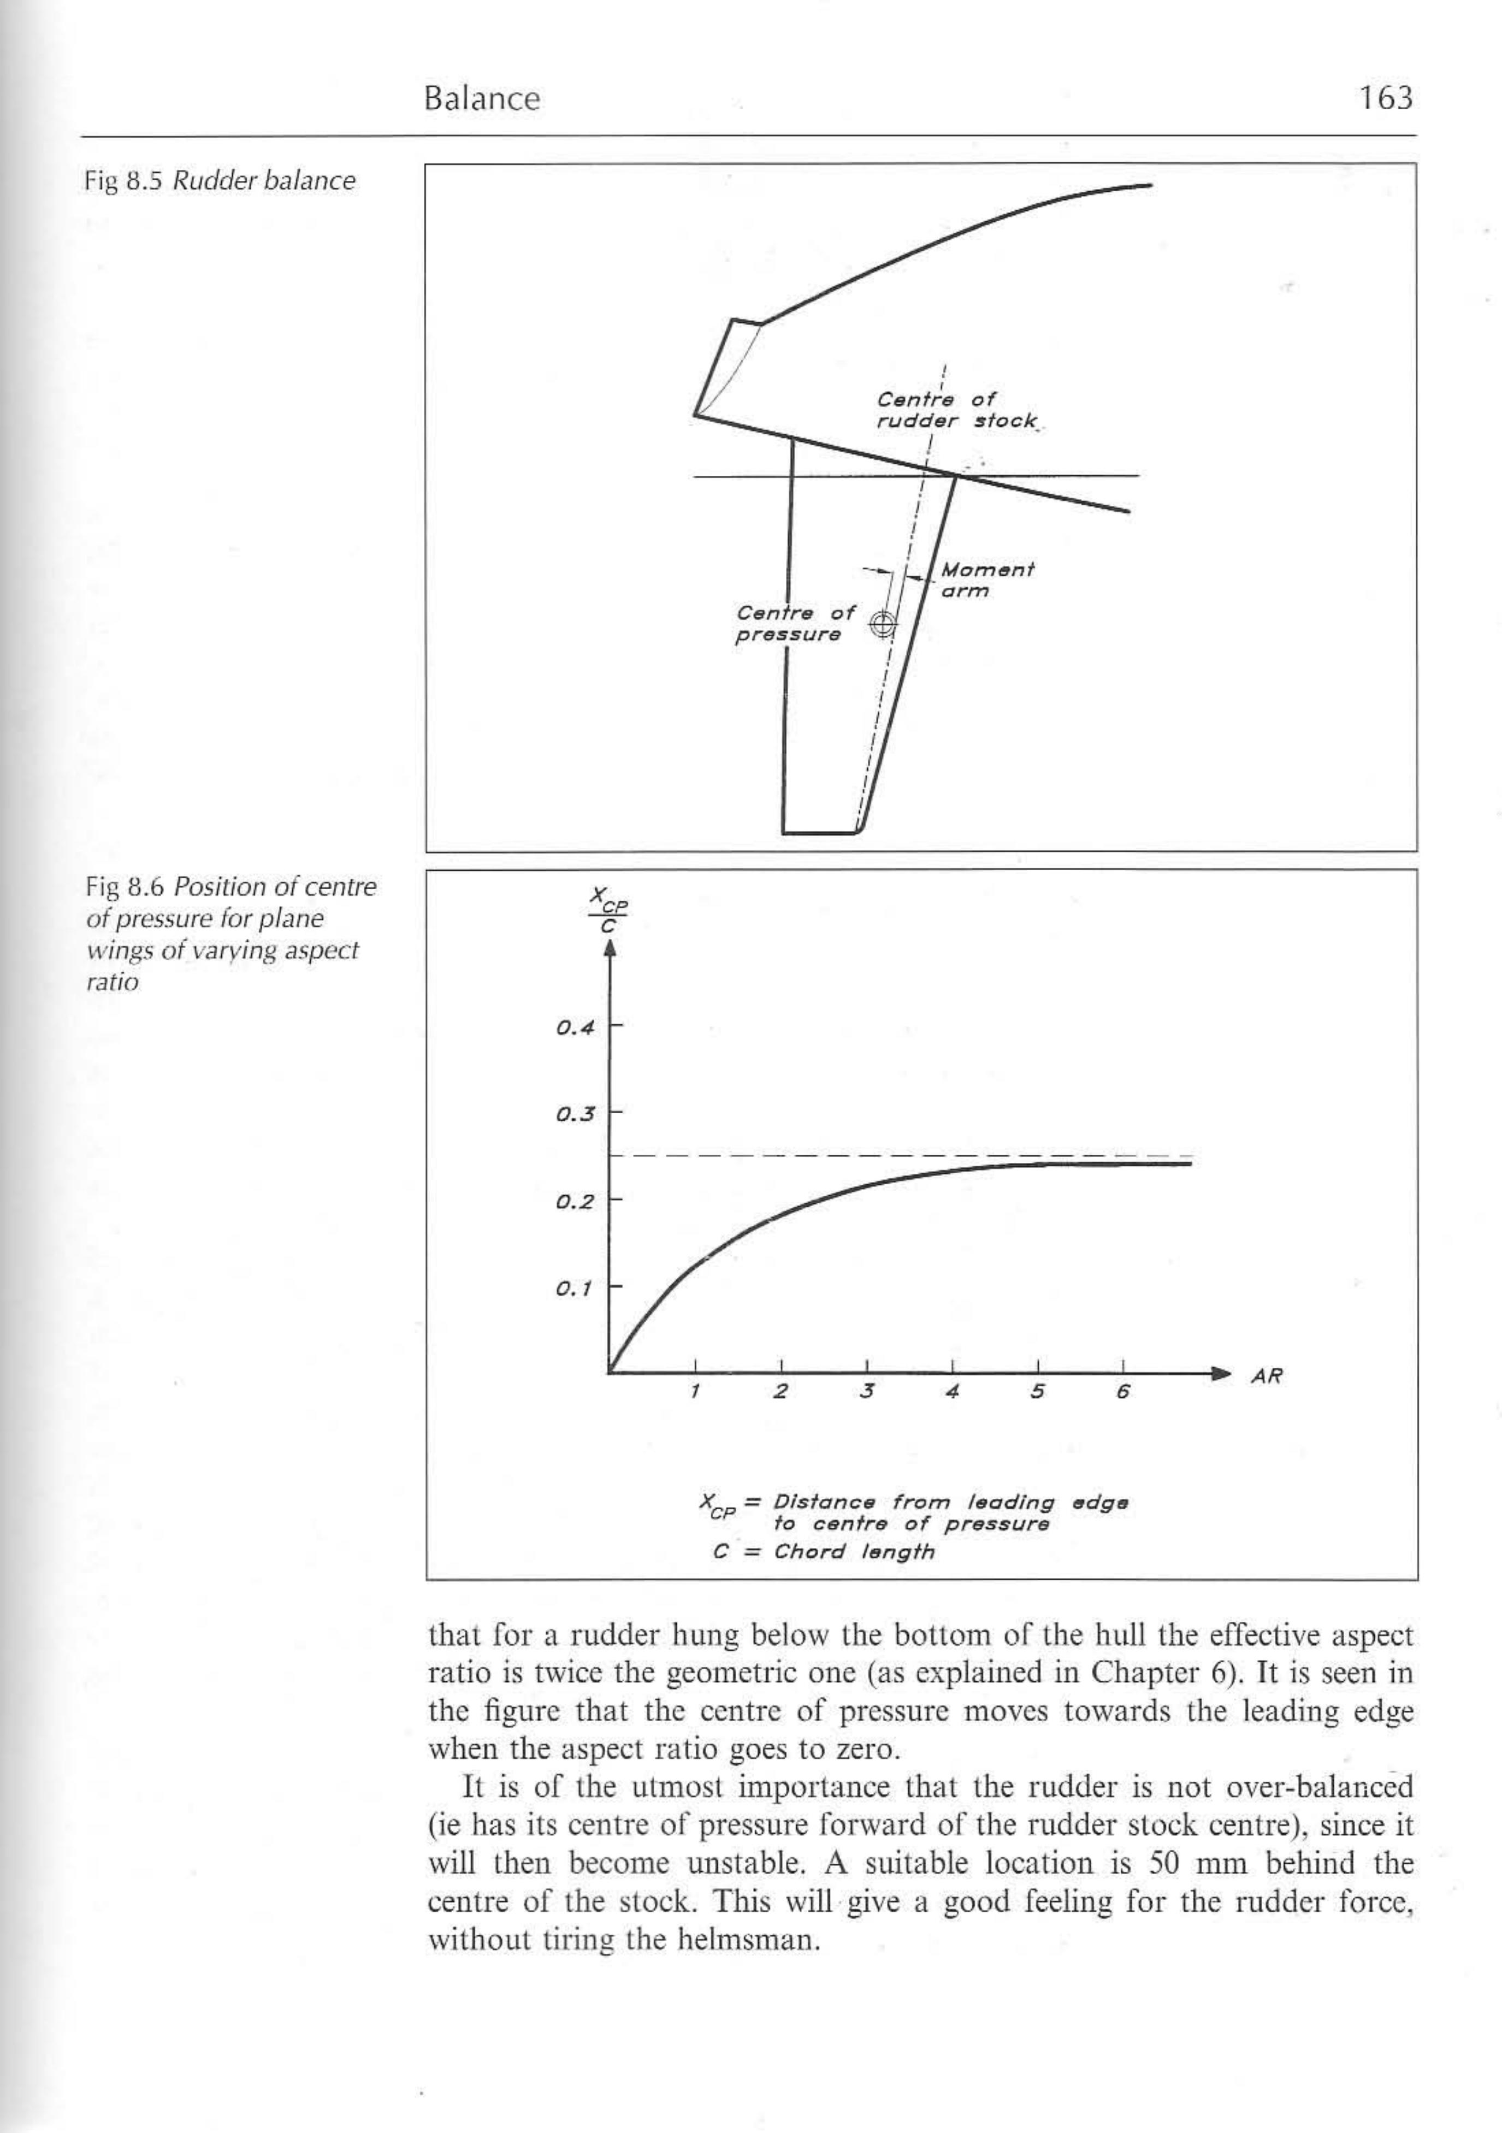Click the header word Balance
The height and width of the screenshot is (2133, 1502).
click(481, 98)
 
